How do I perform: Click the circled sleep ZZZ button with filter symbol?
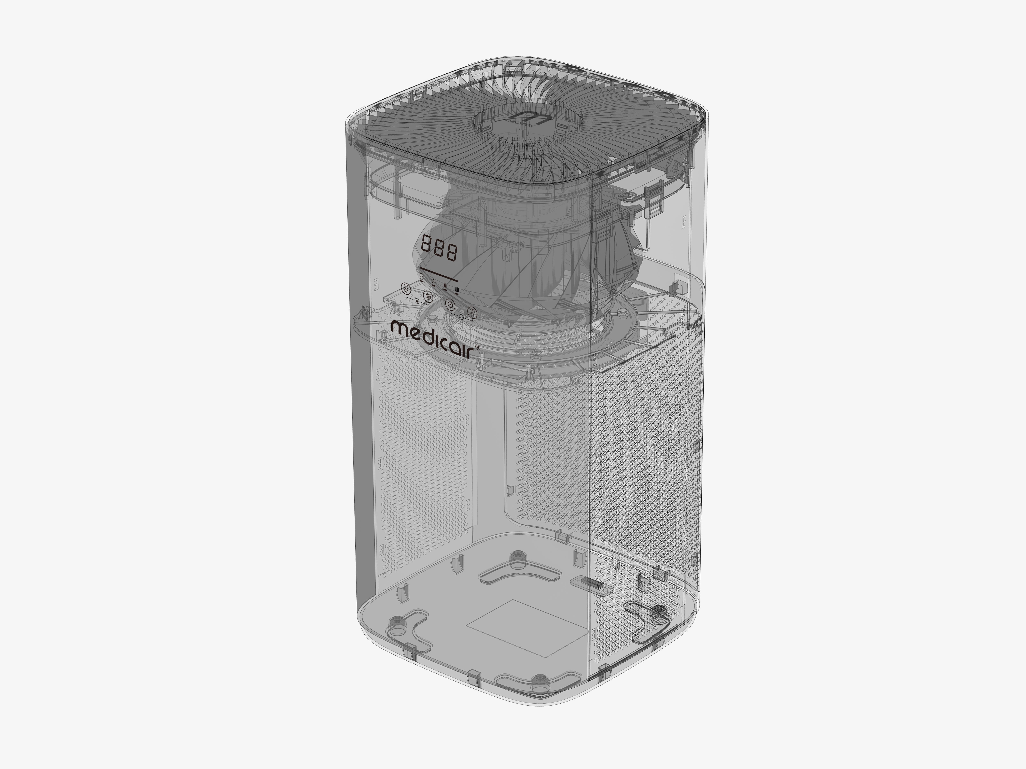pyautogui.click(x=472, y=312)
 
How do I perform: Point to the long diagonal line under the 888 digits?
pyautogui.click(x=438, y=274)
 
